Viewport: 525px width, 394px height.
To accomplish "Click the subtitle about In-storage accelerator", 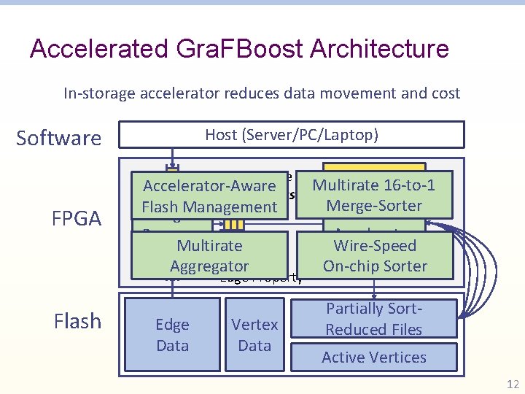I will pos(262,93).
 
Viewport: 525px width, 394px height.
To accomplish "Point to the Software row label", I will pos(58,138).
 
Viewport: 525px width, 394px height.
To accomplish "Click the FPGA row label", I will pos(77,219).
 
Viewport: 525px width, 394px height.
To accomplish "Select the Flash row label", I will pos(77,321).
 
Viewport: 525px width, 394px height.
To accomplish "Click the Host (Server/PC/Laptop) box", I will pos(292,135).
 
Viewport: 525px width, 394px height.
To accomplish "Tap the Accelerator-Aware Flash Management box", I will pos(210,196).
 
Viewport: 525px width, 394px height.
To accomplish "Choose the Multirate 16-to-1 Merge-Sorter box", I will pos(374,196).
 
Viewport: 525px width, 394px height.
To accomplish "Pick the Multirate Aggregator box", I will pos(209,256).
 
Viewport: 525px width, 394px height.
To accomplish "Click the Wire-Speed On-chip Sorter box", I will pos(375,256).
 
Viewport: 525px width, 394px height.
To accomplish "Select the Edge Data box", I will pos(172,335).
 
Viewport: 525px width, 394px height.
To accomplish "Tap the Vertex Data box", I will pos(254,335).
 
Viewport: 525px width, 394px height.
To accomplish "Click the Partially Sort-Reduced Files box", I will pos(374,320).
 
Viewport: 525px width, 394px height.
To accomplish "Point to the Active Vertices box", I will pos(374,358).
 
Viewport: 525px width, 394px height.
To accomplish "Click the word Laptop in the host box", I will pos(355,135).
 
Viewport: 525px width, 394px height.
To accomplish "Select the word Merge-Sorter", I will pos(374,206).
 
